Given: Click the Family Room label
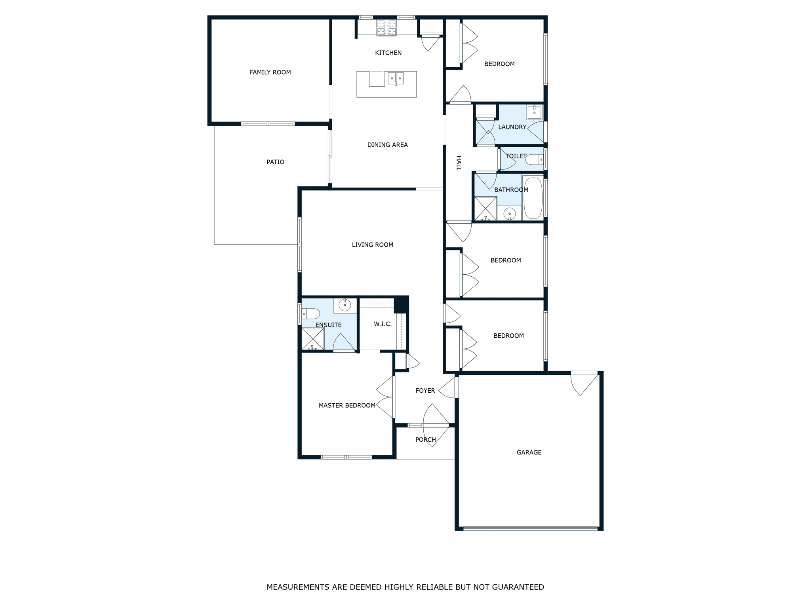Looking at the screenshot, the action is point(270,72).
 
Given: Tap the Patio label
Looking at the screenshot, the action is point(275,162).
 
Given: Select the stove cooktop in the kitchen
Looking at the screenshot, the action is point(386,28).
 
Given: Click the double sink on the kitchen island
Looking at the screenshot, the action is point(396,78).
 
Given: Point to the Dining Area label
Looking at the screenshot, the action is point(387,145).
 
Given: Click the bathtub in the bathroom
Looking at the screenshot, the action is point(533,198).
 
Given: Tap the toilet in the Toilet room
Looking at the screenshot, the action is point(534,160).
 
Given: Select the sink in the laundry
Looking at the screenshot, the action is point(534,112).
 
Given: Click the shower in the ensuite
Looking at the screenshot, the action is point(312,338).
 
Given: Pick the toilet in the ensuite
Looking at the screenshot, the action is point(311,314).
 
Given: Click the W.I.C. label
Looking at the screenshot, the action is point(383,324).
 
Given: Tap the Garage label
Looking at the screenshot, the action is point(529,452).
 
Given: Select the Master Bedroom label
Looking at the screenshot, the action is point(347,405).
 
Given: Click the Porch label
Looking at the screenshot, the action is point(425,440).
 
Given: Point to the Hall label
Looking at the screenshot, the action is point(459,163).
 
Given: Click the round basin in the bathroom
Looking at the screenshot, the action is point(509,214).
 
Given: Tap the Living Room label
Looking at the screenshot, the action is point(372,245).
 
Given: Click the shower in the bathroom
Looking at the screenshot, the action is point(485,208).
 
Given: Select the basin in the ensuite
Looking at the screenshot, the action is point(345,305).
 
